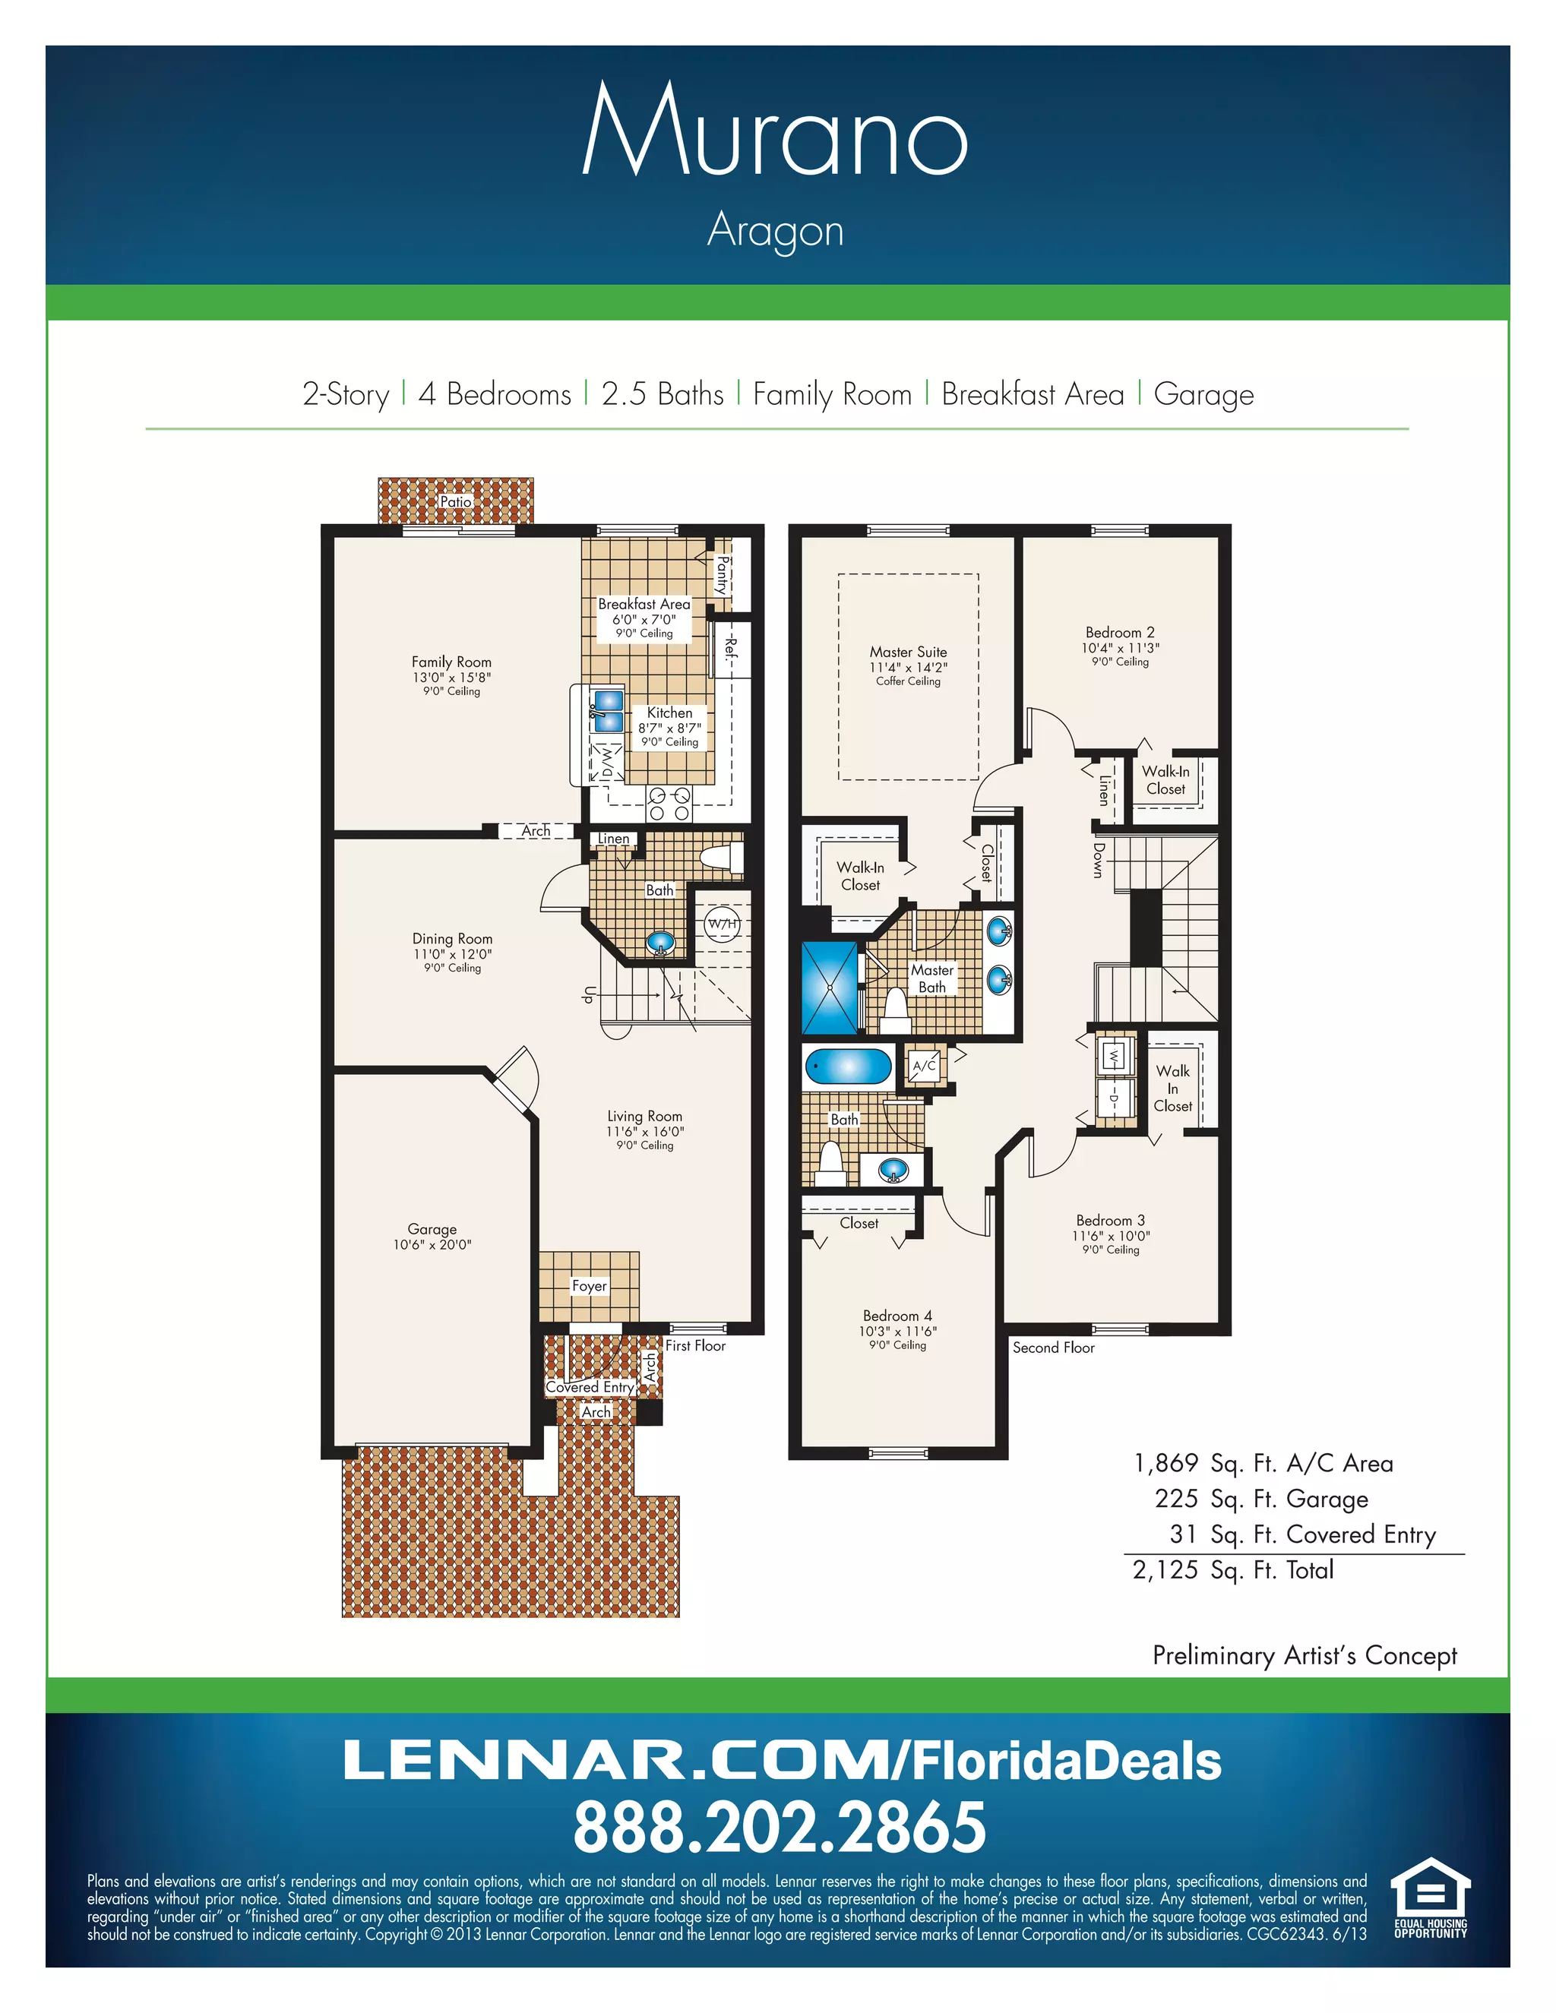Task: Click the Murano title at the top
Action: [x=776, y=131]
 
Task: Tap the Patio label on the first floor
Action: [x=455, y=501]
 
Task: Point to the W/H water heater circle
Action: [x=723, y=924]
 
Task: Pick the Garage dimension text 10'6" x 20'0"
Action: [x=432, y=1245]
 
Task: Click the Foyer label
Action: [x=589, y=1286]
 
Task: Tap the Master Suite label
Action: [x=908, y=652]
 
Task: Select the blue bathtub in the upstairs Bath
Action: [x=848, y=1067]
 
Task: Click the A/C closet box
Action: [x=925, y=1067]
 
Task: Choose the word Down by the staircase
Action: [x=1098, y=860]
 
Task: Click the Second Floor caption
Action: [x=1053, y=1348]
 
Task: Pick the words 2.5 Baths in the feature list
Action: [x=662, y=394]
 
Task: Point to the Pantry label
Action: [x=723, y=575]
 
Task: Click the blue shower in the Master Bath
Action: [x=829, y=988]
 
